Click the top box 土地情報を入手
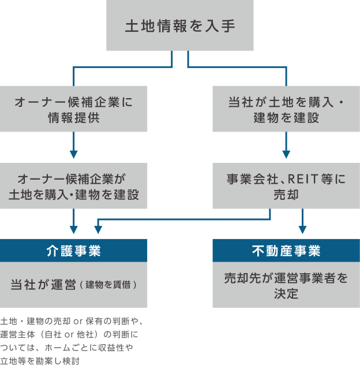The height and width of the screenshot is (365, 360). [x=180, y=26]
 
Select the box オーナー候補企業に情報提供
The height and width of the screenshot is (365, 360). [x=74, y=109]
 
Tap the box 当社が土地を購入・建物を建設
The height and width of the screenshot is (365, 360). [x=286, y=109]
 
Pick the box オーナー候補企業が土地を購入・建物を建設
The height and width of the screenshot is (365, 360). [x=74, y=185]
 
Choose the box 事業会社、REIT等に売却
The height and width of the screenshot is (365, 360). [x=286, y=185]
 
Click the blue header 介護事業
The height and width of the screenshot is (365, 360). [x=74, y=251]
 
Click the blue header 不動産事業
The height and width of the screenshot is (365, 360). [x=286, y=251]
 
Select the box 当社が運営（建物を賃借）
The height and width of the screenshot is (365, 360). [x=74, y=285]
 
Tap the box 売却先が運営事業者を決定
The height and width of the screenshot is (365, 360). [x=286, y=285]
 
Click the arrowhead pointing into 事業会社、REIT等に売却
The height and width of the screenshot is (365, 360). [x=286, y=154]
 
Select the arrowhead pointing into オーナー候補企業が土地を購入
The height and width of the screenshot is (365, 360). [x=74, y=154]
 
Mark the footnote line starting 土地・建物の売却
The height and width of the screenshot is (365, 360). [x=75, y=322]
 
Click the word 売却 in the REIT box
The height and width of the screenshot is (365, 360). [x=286, y=195]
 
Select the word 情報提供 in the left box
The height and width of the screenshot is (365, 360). [x=74, y=118]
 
